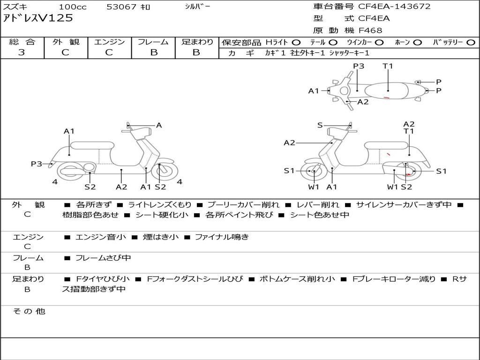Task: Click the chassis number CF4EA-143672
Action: (x=394, y=7)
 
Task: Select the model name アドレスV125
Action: (x=38, y=18)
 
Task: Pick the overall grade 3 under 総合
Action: (x=22, y=52)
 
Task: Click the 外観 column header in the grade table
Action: (x=66, y=42)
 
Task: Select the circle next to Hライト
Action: (x=296, y=43)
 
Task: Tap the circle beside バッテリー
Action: (x=471, y=43)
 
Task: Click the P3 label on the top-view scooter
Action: (x=359, y=66)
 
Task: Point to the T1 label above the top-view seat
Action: (x=388, y=66)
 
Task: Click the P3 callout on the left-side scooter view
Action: (x=37, y=164)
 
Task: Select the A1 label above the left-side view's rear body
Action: (x=69, y=131)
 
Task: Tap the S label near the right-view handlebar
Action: (x=320, y=125)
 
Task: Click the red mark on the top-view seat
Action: (x=387, y=97)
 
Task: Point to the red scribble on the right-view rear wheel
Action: (x=408, y=175)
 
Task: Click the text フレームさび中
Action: (x=103, y=258)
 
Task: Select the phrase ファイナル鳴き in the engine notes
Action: (x=222, y=237)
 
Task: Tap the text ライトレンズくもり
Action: (x=159, y=205)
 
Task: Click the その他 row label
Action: (x=29, y=311)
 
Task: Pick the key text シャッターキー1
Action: (x=349, y=53)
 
